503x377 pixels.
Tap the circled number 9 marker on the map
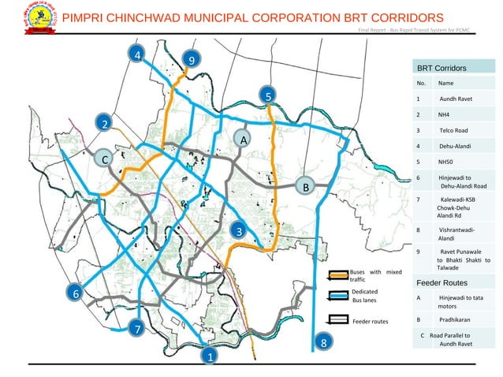pyautogui.click(x=191, y=59)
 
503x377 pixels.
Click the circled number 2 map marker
pyautogui.click(x=102, y=123)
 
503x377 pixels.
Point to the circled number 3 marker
pyautogui.click(x=237, y=230)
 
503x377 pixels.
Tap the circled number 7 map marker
pyautogui.click(x=136, y=327)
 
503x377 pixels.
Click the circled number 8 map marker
pyautogui.click(x=322, y=342)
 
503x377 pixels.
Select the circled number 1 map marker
pyautogui.click(x=210, y=356)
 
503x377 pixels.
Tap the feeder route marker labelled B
pyautogui.click(x=305, y=187)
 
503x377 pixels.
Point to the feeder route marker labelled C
pyautogui.click(x=102, y=159)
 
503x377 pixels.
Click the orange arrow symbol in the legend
pyautogui.click(x=338, y=275)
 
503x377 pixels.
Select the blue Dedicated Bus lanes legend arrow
pyautogui.click(x=338, y=297)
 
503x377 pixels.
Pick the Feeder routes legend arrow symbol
pyautogui.click(x=338, y=320)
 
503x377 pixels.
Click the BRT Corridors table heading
pyautogui.click(x=442, y=69)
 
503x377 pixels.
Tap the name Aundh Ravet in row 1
pyautogui.click(x=455, y=100)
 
